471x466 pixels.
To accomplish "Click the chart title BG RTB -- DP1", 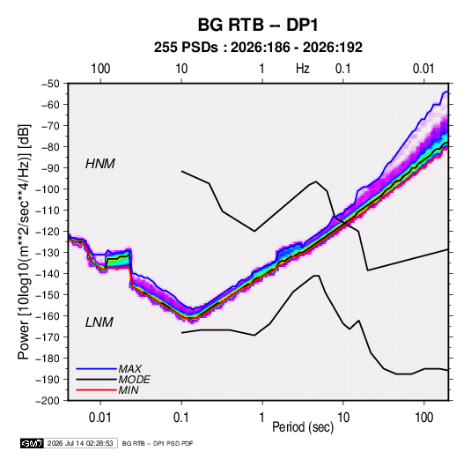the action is (x=258, y=25).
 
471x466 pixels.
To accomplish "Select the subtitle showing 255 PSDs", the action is (x=258, y=48).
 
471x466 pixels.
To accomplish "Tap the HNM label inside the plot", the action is (x=100, y=164).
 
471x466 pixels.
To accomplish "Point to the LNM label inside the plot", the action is (x=99, y=322).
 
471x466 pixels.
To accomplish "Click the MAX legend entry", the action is (x=129, y=368).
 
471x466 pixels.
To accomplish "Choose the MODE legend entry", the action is (x=134, y=380).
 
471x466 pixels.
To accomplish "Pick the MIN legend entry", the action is (x=129, y=390).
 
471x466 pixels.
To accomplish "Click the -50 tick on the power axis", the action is (x=50, y=84).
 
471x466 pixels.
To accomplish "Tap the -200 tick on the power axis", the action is (x=48, y=401).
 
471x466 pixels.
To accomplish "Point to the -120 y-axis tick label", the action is (x=48, y=232).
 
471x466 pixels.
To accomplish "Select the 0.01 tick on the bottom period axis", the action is (x=100, y=418).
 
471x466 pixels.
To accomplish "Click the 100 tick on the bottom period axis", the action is (x=423, y=418).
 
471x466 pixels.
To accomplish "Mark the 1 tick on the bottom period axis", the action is (x=262, y=418).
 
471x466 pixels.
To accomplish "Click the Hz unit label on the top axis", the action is (x=303, y=69).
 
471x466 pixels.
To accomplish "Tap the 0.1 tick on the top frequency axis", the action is (x=342, y=69).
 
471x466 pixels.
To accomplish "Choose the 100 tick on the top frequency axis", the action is (x=100, y=69).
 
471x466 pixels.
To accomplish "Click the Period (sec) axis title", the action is (x=303, y=427).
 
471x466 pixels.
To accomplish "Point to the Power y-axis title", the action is (x=24, y=241).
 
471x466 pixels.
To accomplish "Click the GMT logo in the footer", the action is (x=32, y=443).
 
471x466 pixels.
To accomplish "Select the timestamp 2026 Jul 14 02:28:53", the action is (x=80, y=443).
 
